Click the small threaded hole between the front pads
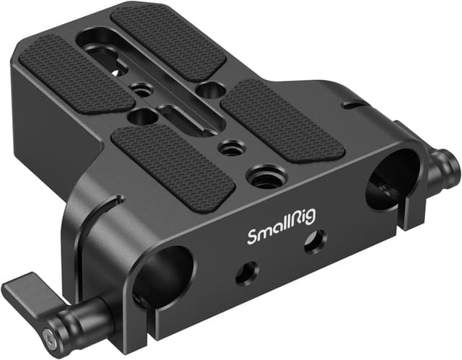[x=232, y=149]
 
